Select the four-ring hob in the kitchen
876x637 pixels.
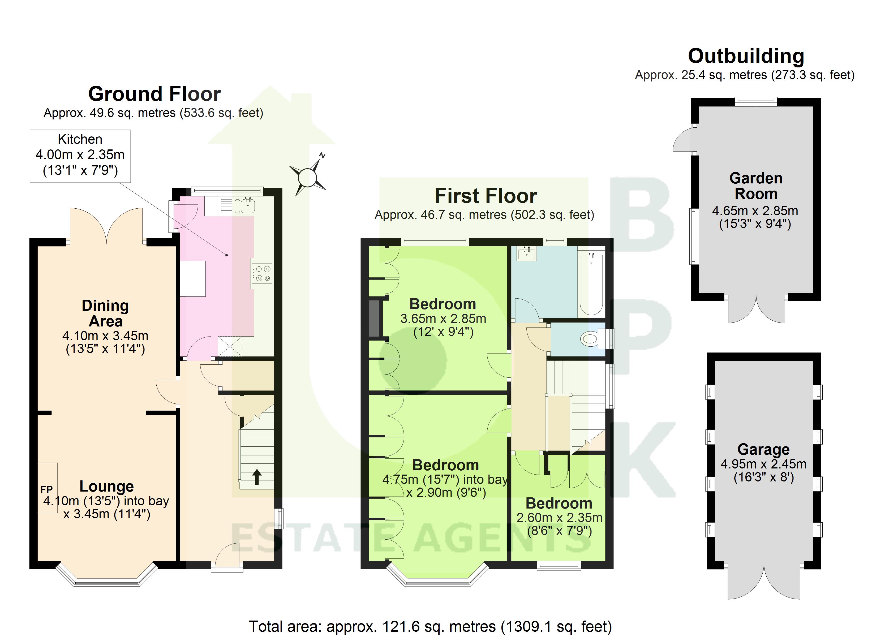[262, 273]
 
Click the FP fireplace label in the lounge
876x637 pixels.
[46, 490]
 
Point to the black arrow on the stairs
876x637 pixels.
[256, 477]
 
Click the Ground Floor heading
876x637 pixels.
[154, 94]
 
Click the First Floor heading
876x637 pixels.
[486, 196]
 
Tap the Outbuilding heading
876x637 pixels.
[746, 56]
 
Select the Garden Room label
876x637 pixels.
[756, 186]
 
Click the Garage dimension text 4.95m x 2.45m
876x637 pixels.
[763, 464]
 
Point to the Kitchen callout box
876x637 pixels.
[80, 156]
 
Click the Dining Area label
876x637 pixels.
[105, 313]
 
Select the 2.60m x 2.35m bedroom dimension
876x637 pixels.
[559, 518]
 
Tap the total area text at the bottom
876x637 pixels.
[430, 626]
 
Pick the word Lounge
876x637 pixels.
[107, 486]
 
